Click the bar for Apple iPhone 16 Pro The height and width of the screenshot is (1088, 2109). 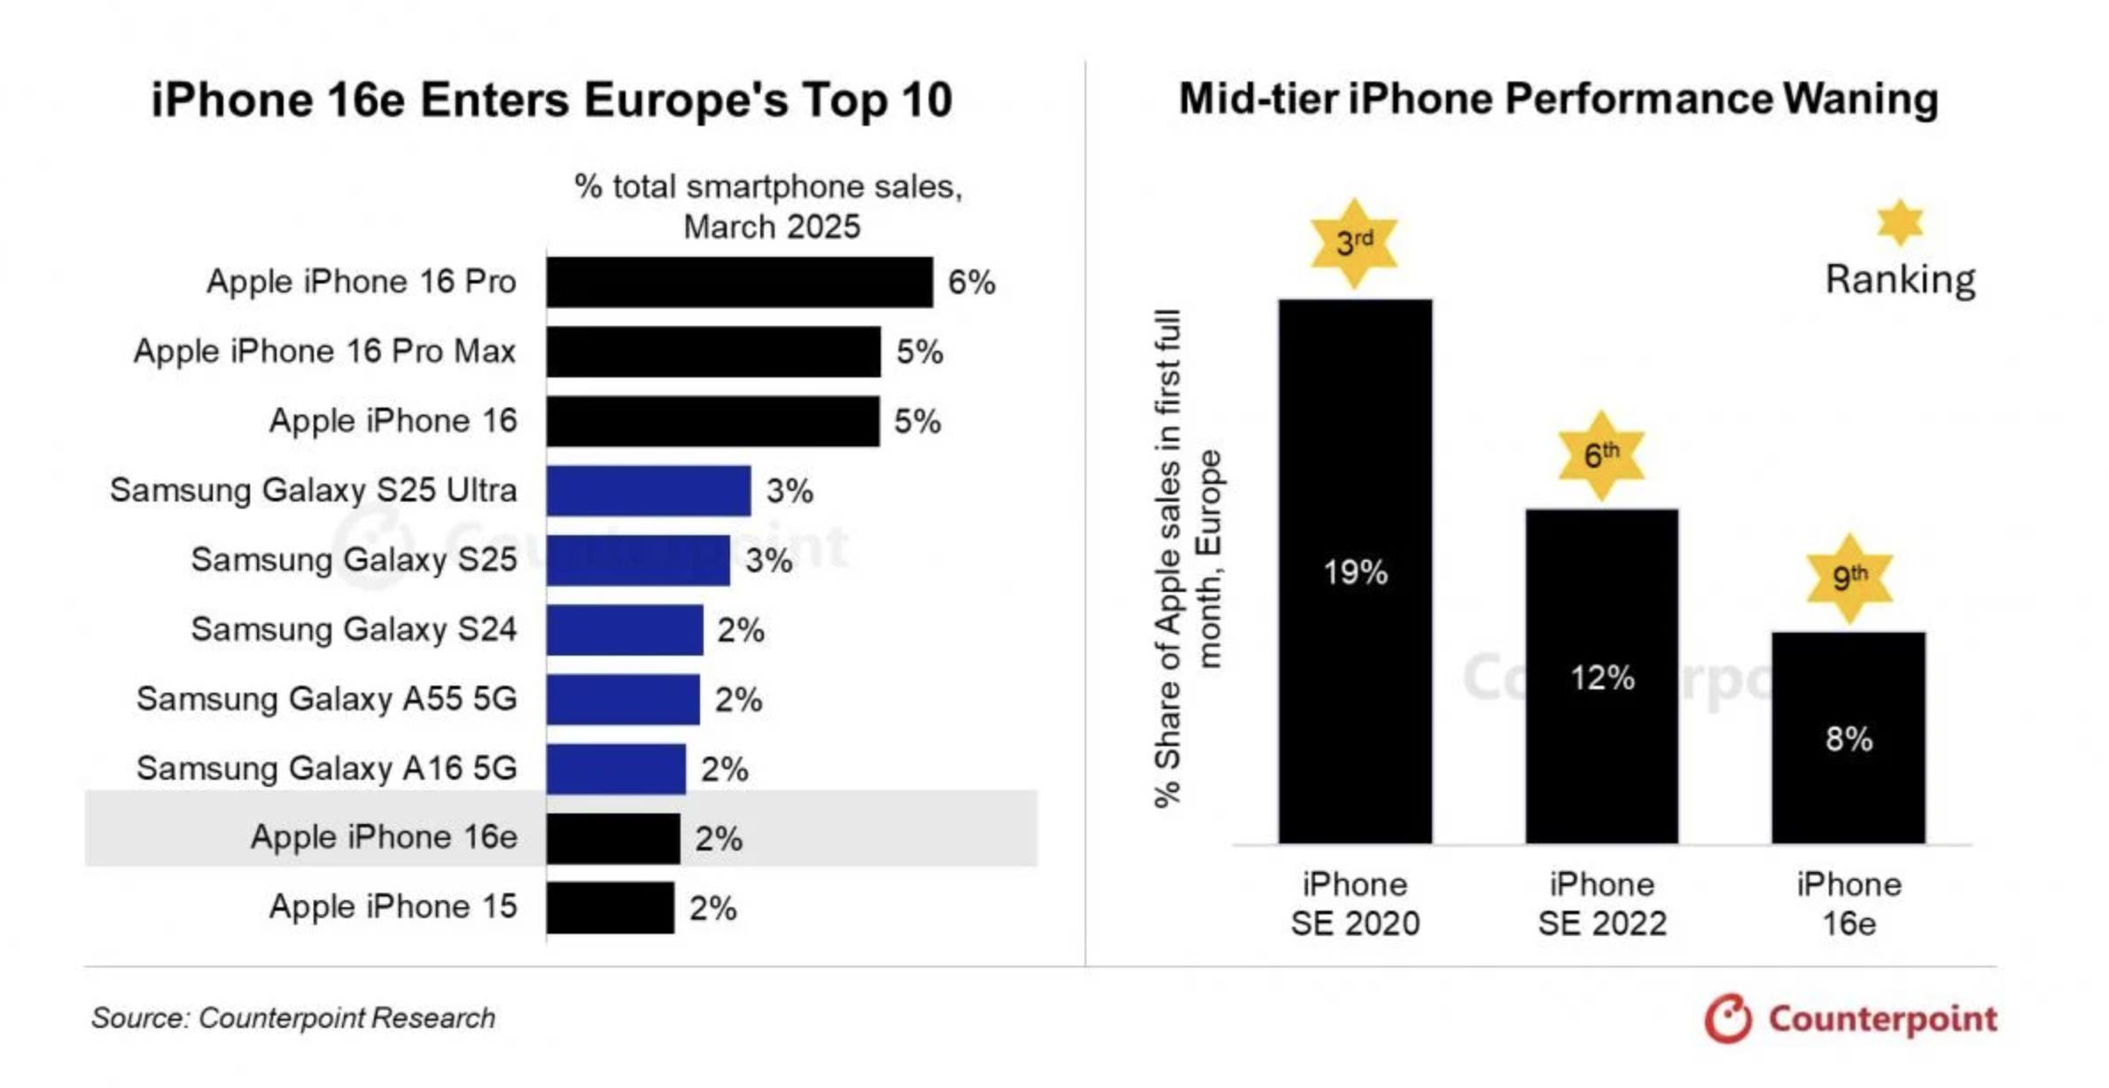739,283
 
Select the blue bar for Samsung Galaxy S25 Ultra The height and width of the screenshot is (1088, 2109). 648,491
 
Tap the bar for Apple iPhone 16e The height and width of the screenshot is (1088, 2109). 612,838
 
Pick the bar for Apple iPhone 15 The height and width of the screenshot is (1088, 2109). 610,908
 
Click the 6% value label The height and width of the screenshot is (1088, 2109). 971,283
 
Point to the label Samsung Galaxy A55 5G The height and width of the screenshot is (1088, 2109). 326,699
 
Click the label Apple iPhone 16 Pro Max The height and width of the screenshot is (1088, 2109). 324,352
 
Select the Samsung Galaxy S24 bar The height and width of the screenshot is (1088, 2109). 624,630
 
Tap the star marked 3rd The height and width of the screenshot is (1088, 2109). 1354,243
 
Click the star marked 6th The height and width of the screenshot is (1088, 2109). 1601,455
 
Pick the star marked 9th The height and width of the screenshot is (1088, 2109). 1849,578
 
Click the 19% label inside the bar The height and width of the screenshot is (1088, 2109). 1355,572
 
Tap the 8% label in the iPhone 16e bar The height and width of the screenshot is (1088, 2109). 1848,739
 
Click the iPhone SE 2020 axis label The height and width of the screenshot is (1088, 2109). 1355,905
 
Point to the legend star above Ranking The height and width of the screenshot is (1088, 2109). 1900,222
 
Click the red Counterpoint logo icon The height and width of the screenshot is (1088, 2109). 1728,1019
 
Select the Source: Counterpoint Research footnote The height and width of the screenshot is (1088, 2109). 293,1018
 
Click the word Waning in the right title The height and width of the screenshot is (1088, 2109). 1861,98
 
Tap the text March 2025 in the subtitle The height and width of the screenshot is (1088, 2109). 771,227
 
